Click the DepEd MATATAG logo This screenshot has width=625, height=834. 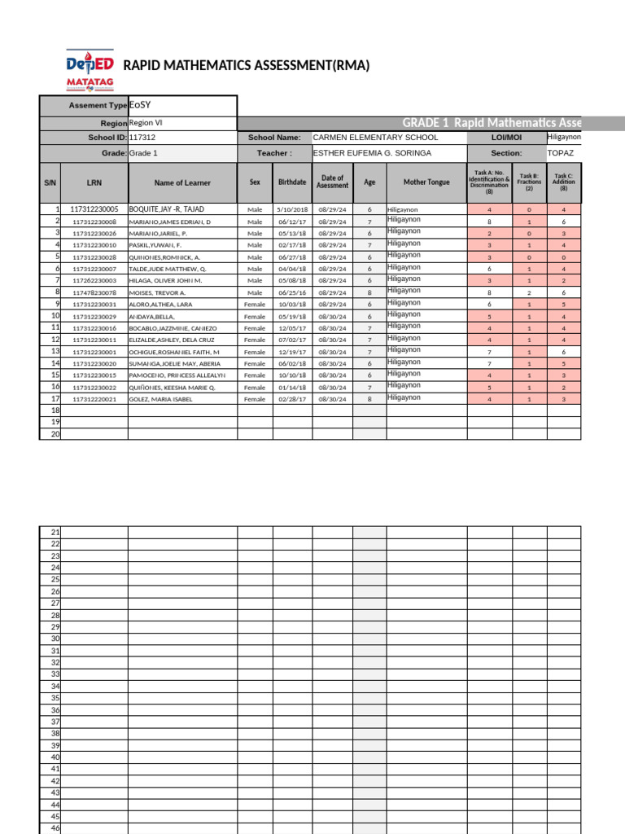(x=90, y=71)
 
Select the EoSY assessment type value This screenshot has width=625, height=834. (x=140, y=105)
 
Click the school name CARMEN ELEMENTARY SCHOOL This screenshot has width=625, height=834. (x=375, y=138)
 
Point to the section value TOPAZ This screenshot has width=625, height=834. (x=560, y=152)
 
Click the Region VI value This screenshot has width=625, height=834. (x=146, y=122)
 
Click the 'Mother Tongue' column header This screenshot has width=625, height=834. (x=426, y=183)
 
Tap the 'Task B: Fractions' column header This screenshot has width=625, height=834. (x=529, y=182)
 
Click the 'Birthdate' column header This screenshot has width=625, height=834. (x=292, y=183)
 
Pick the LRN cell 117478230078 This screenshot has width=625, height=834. (x=94, y=292)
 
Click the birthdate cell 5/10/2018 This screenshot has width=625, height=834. (x=292, y=209)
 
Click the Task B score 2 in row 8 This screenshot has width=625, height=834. (x=529, y=292)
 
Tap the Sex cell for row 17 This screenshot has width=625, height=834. (x=255, y=399)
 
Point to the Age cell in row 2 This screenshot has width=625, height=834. (x=369, y=222)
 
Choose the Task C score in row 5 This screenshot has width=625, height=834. (x=563, y=257)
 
